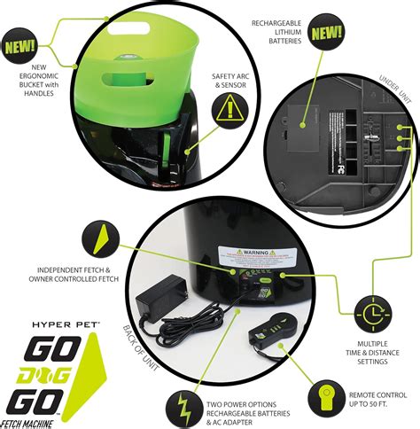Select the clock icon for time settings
point(372,312)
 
